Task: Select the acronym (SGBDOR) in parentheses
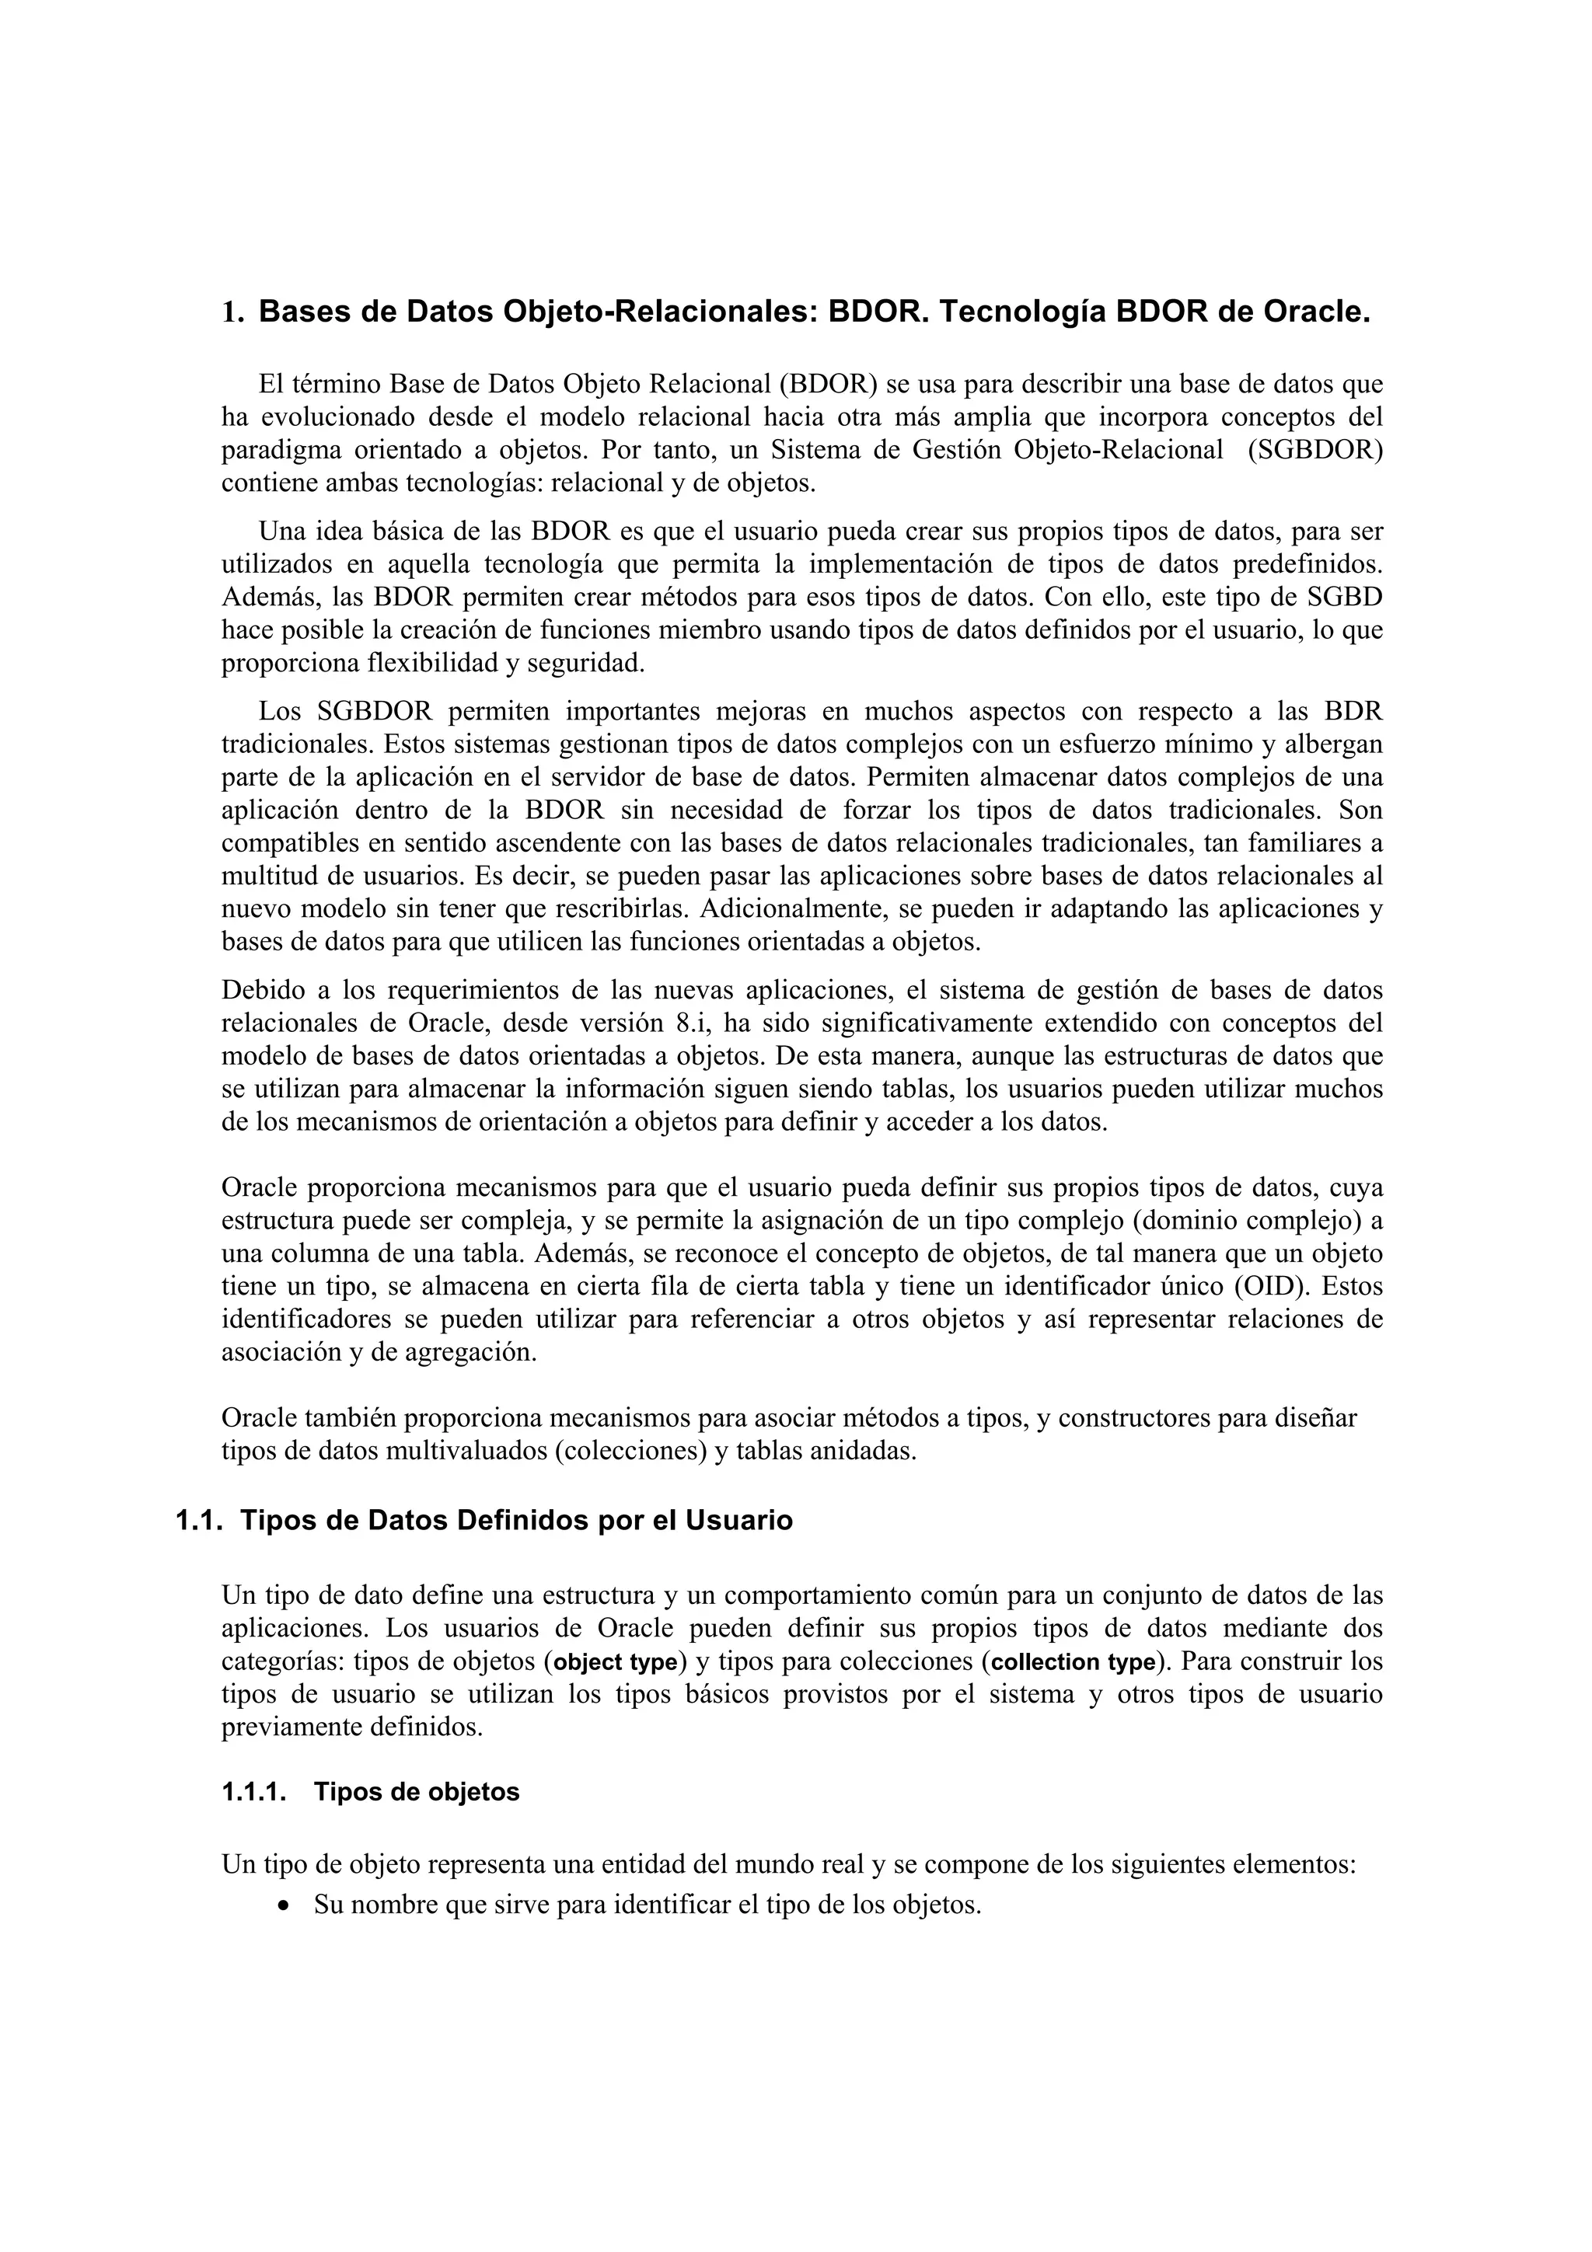1314,450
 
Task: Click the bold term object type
616,1662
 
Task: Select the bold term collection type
1073,1662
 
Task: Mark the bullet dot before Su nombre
284,1907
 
